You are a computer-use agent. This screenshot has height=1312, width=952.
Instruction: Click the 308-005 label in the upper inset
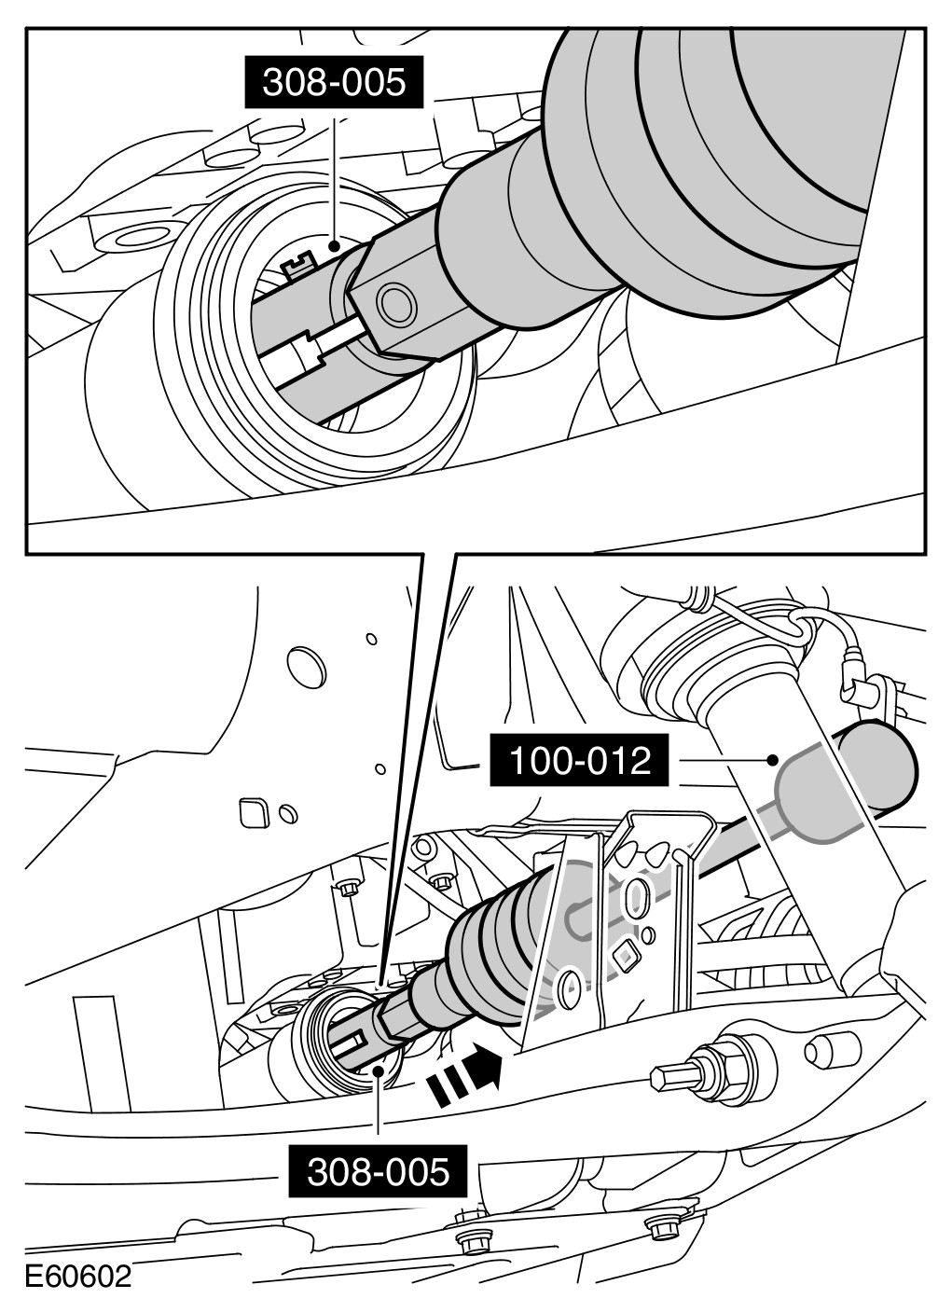coord(334,82)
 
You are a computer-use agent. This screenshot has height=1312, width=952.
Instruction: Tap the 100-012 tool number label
coord(580,761)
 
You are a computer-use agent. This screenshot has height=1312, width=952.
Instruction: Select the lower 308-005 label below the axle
coord(378,1171)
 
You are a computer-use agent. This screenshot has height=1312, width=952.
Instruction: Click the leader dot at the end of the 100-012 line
coord(773,760)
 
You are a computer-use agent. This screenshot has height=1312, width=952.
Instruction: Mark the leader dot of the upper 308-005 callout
coord(334,246)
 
